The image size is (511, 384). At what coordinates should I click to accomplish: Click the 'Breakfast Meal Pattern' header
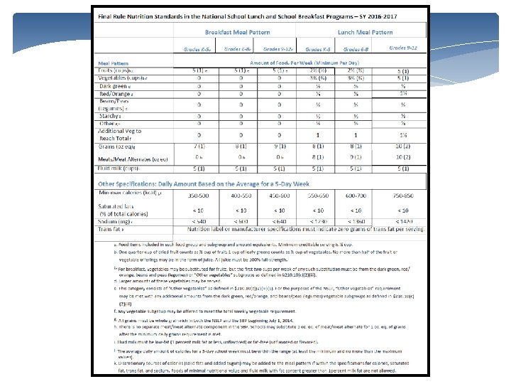[x=231, y=32]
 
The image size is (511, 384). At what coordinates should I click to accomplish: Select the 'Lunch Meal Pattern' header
[x=365, y=32]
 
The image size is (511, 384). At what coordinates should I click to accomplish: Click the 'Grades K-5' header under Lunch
[x=318, y=49]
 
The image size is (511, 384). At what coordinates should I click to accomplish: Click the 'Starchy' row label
[x=113, y=116]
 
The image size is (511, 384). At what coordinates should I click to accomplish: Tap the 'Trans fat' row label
[x=111, y=230]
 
